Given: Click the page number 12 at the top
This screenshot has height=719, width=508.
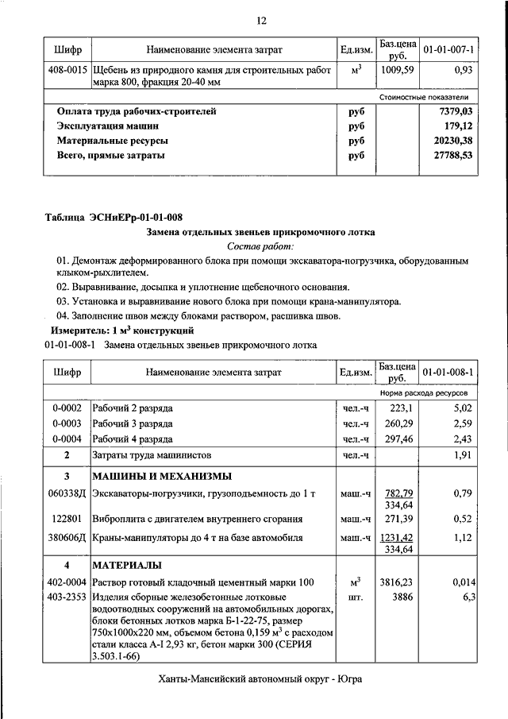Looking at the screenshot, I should coord(261,20).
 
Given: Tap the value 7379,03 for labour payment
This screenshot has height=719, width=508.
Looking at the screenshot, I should coord(455,112).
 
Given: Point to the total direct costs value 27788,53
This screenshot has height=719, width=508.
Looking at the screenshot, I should coord(452,156).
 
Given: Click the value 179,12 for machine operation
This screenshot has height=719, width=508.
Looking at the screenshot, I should coord(457,126).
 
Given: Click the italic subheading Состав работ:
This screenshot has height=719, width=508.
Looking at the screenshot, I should coord(261,246).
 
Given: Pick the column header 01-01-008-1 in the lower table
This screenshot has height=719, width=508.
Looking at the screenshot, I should coord(448,372).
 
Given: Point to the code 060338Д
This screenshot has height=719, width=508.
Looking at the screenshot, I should coord(67,494).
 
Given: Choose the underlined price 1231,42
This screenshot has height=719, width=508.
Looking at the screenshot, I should coord(398,536).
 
